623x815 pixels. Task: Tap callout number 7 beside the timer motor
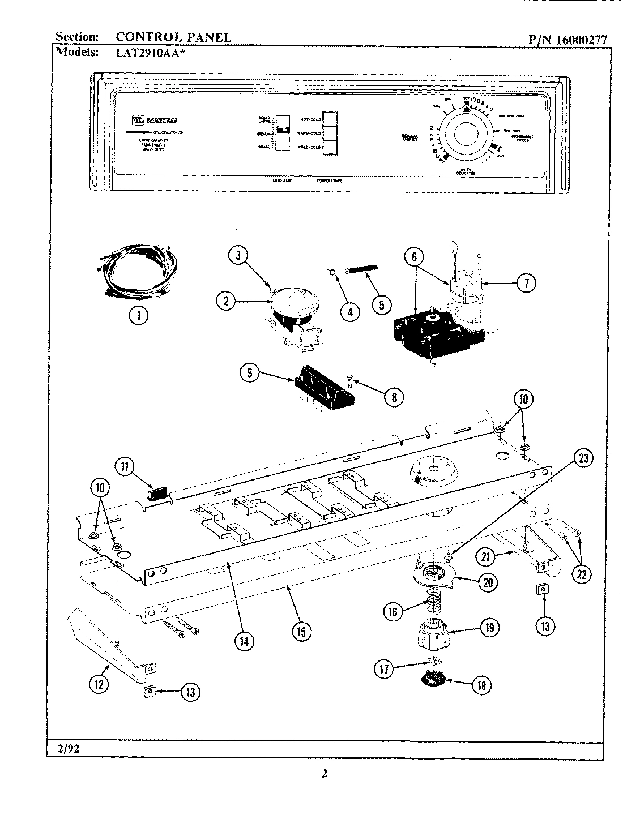pyautogui.click(x=526, y=282)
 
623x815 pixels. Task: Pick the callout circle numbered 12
pyautogui.click(x=99, y=684)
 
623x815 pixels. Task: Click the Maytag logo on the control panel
pyautogui.click(x=147, y=120)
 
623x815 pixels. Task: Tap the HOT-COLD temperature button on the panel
pyautogui.click(x=330, y=119)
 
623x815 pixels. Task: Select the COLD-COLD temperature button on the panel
pyautogui.click(x=330, y=148)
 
